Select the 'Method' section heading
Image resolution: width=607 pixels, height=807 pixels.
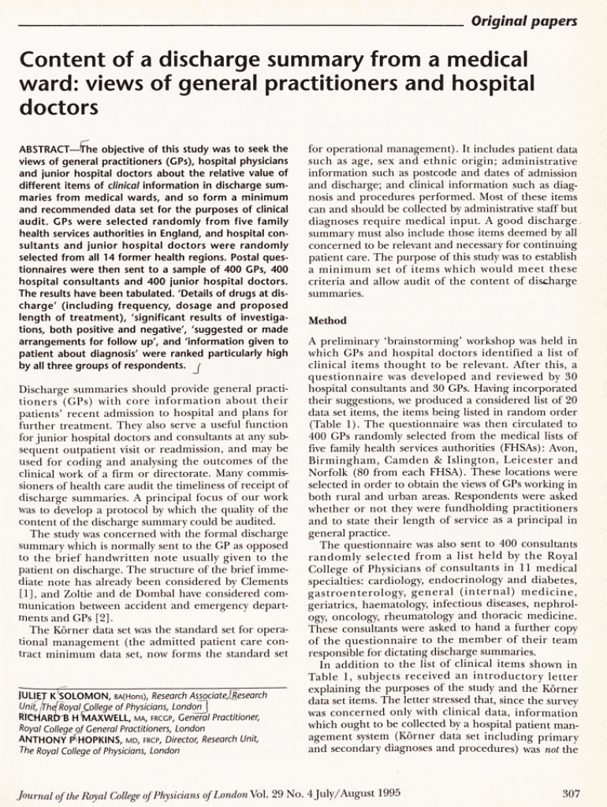[x=324, y=322]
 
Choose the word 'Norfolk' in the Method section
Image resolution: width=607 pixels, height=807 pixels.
[x=325, y=471]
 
